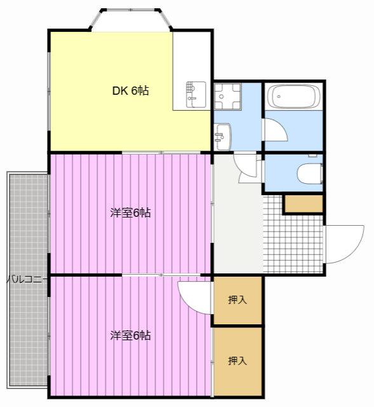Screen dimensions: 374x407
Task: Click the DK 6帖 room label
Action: coord(130,90)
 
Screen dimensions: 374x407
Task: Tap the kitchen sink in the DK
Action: coord(196,95)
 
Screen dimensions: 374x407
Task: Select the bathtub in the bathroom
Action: coord(293,96)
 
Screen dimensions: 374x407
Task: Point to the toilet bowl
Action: coord(310,174)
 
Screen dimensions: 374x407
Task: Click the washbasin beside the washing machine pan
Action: coord(223,137)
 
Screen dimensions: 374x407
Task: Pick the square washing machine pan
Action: coord(227,96)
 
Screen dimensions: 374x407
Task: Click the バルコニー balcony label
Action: coord(27,279)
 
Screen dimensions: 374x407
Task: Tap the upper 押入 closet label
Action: coord(237,300)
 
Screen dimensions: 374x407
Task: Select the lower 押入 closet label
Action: coord(237,361)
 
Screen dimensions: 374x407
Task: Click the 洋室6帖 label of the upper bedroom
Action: coord(130,212)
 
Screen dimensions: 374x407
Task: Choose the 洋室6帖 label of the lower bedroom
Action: coord(130,335)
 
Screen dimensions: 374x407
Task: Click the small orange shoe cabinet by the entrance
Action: coord(304,204)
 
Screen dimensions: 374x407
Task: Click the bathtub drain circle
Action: coord(279,97)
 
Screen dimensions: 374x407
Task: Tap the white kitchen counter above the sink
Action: coord(192,57)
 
